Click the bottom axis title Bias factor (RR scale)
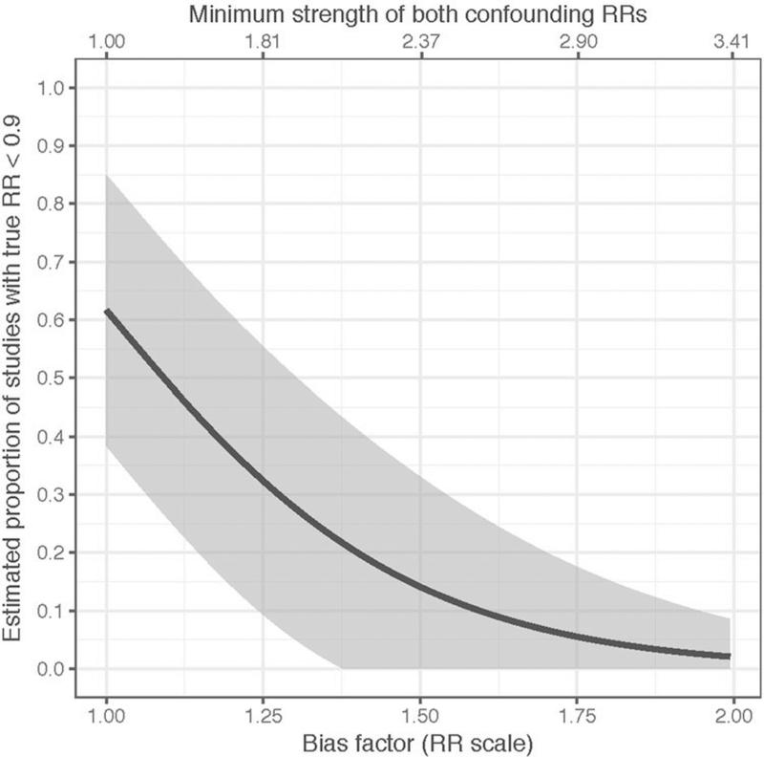418,741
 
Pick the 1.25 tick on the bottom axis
262,713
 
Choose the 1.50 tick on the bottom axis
418,713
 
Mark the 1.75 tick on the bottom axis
575,713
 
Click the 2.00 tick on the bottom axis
732,713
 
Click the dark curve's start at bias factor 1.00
106,311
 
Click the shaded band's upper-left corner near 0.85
107,176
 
